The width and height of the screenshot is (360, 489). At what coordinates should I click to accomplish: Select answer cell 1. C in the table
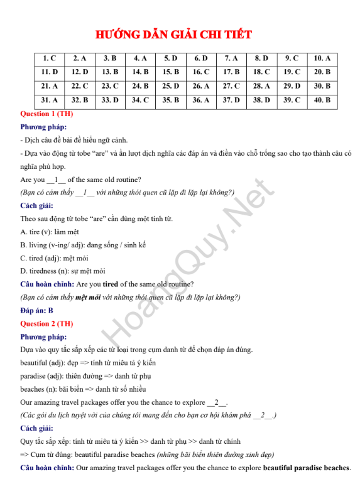coord(49,58)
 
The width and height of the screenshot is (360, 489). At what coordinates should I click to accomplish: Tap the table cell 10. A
coord(322,58)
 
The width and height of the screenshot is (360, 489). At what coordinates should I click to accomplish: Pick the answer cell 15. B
coord(170,72)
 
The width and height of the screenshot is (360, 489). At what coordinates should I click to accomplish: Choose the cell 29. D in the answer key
coord(292,86)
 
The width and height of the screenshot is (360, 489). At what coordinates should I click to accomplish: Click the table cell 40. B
coord(322,100)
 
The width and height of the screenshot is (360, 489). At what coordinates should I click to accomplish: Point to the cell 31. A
coord(49,100)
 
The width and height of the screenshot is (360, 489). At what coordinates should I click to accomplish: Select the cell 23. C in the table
coord(110,86)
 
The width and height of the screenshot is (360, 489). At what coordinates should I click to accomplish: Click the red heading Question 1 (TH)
coord(46,114)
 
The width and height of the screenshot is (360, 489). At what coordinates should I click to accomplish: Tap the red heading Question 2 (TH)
coord(46,324)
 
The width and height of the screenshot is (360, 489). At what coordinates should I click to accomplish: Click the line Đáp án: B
coord(37,310)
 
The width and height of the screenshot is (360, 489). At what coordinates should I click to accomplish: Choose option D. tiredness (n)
coord(63,271)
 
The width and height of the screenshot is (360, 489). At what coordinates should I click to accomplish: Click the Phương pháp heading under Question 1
coord(43,127)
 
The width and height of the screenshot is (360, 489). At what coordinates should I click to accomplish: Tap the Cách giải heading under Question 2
coord(37,428)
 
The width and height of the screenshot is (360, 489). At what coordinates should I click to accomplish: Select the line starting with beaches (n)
coord(77,389)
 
